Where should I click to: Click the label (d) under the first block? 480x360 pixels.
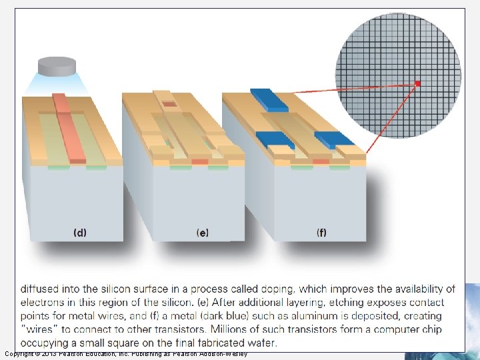pyautogui.click(x=79, y=233)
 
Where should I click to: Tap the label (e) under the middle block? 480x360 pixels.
pyautogui.click(x=203, y=233)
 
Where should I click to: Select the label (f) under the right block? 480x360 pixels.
pyautogui.click(x=321, y=233)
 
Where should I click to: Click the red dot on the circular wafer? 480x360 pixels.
pyautogui.click(x=418, y=83)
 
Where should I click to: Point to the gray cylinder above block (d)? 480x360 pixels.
pyautogui.click(x=57, y=66)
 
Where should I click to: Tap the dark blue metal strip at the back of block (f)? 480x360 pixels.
pyautogui.click(x=269, y=99)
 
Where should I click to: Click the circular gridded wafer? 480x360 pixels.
pyautogui.click(x=397, y=75)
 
